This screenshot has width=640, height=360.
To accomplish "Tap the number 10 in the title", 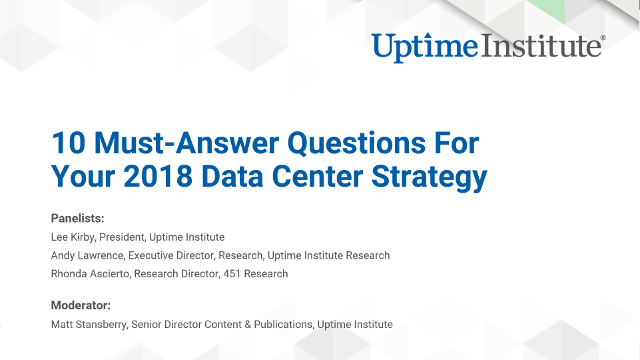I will coord(67,143).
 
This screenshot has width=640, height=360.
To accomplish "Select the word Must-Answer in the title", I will coord(172,143).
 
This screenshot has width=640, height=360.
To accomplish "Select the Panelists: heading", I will coord(77,218).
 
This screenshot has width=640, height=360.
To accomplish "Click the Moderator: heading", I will coord(80,304).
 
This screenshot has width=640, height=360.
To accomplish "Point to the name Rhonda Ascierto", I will coord(92,273).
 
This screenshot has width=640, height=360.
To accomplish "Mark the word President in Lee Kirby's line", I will coord(124,237).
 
